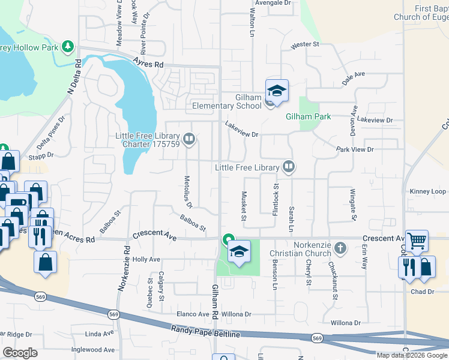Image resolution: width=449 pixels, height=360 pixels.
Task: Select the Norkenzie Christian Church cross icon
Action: pyautogui.click(x=340, y=247)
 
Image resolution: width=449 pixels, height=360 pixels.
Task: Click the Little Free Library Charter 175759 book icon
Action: pyautogui.click(x=190, y=140)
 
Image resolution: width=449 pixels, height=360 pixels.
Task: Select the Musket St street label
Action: pyautogui.click(x=244, y=206)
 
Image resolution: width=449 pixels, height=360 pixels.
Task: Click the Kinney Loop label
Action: pyautogui.click(x=428, y=191)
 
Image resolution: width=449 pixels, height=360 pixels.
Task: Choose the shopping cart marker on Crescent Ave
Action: pyautogui.click(x=417, y=241)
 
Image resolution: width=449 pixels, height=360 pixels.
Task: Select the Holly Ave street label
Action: pyautogui.click(x=146, y=260)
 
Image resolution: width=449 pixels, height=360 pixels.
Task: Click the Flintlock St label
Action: pyautogui.click(x=276, y=205)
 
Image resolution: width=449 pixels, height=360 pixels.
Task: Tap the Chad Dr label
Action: pyautogui.click(x=423, y=292)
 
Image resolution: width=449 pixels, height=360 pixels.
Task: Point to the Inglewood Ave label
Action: pyautogui.click(x=92, y=349)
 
